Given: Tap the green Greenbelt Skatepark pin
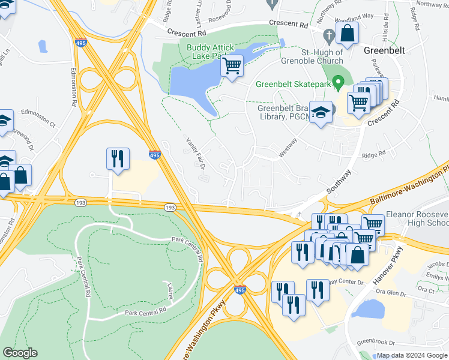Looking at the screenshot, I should [337, 81].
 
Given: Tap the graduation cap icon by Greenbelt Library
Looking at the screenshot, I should [321, 112].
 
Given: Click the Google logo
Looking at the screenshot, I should [20, 353].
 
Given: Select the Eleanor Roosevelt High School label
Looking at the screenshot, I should [417, 218].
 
